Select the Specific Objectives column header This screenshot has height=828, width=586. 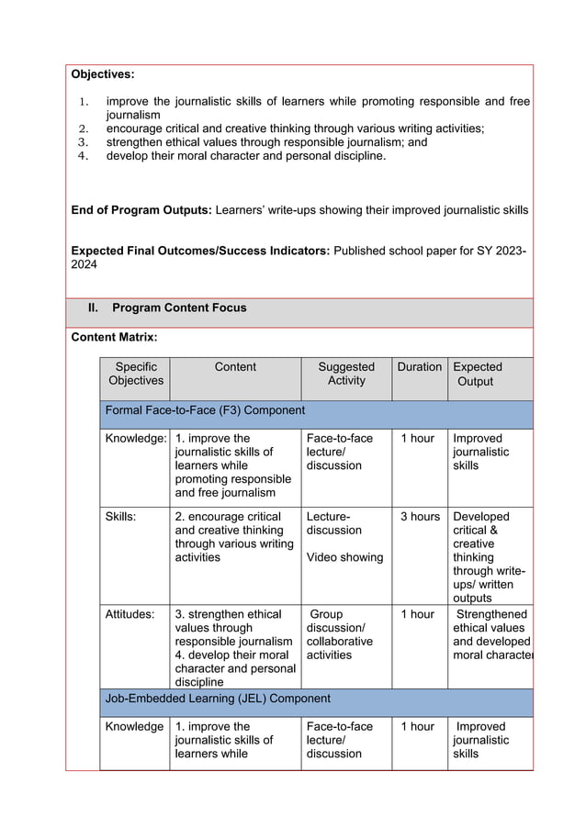tap(135, 374)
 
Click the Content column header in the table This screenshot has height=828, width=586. tap(235, 367)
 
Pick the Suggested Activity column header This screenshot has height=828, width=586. tap(346, 374)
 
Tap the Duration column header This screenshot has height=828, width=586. tap(420, 367)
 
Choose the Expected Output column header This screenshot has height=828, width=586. tap(478, 374)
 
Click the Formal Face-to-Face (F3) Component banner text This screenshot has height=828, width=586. tap(206, 410)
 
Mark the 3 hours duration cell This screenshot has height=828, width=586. tap(420, 517)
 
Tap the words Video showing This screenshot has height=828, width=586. tap(344, 557)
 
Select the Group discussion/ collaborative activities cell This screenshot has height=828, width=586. tap(340, 634)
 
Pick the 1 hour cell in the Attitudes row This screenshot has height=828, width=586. tap(418, 614)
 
